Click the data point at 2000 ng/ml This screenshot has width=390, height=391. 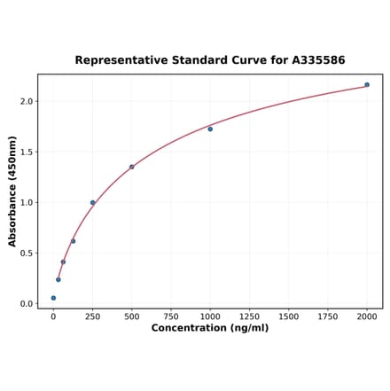[367, 85]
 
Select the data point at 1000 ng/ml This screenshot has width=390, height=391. [210, 129]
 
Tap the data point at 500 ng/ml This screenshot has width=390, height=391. [132, 167]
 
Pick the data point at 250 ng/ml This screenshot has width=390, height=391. [92, 203]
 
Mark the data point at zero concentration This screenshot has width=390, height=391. [53, 298]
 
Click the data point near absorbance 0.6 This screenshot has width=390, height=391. [73, 241]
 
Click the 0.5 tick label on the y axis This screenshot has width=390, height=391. [26, 254]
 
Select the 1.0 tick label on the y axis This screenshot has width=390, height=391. [26, 203]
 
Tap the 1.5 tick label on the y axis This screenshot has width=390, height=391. [26, 152]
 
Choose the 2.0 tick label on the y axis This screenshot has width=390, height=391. [26, 102]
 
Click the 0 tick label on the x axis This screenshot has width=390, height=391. [53, 317]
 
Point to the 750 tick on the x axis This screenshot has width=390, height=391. [171, 317]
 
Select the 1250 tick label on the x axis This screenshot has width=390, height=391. [249, 317]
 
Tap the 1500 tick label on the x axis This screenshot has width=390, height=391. [288, 317]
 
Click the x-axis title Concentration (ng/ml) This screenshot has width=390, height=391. [210, 329]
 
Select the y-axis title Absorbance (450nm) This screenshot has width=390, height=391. [12, 191]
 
